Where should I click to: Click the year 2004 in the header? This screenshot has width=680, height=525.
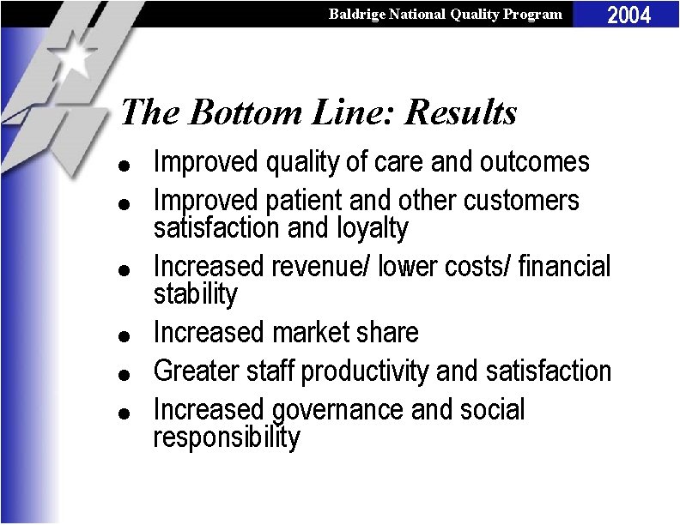click(x=629, y=14)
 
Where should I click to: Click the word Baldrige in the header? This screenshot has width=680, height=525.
click(x=355, y=14)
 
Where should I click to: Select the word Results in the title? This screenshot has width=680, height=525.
click(x=461, y=112)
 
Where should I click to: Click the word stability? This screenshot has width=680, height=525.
click(x=195, y=294)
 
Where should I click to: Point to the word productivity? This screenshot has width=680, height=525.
click(x=367, y=371)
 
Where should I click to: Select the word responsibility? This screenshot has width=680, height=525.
click(x=227, y=437)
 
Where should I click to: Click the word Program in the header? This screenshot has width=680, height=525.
click(x=535, y=14)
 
